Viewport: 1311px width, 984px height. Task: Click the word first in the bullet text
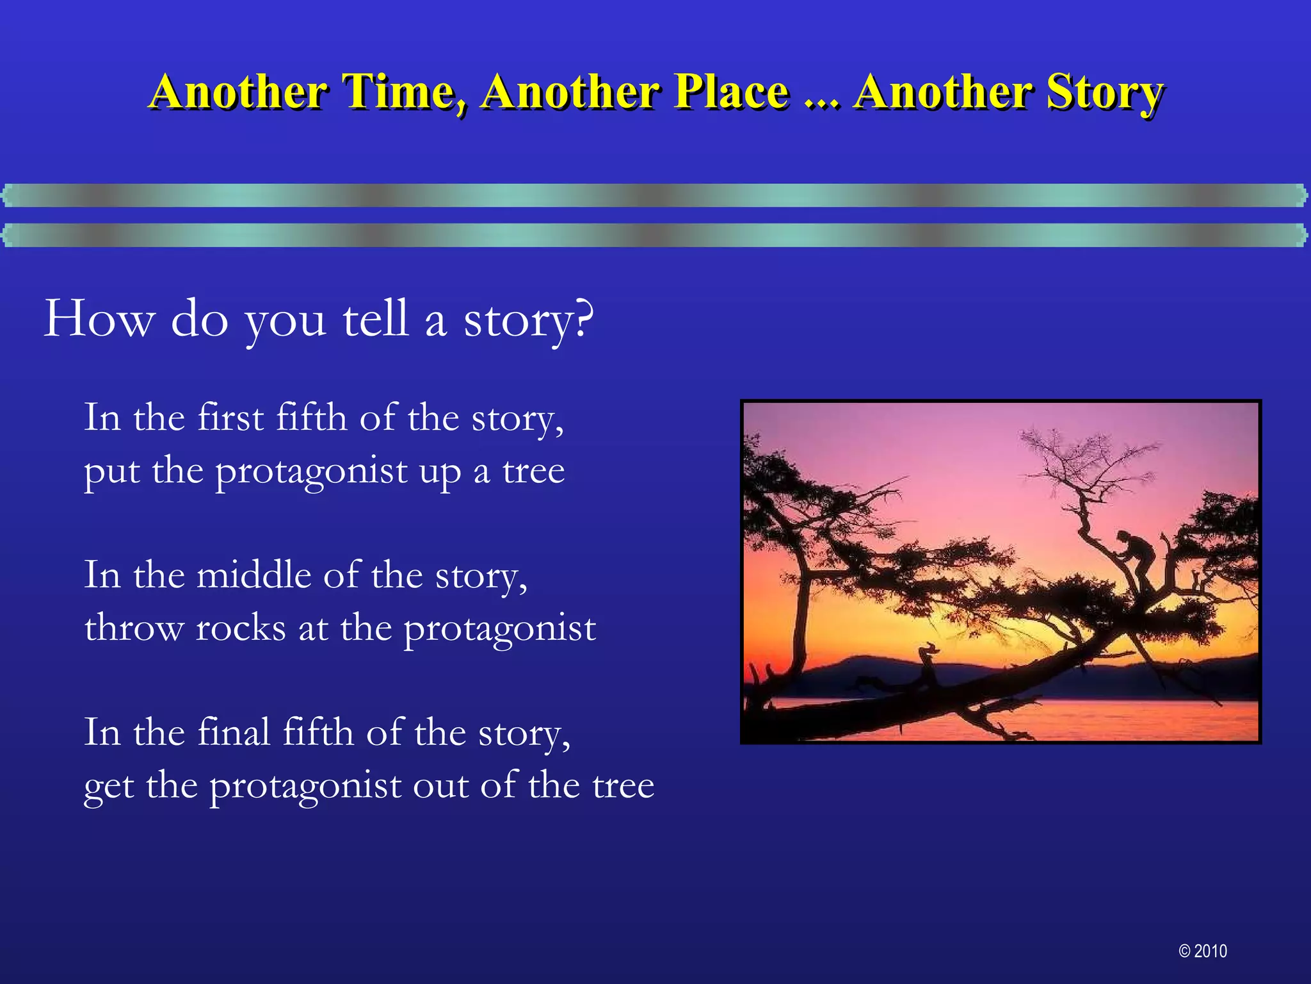[230, 418]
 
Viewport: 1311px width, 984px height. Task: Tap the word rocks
[241, 627]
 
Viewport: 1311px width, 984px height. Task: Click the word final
[234, 732]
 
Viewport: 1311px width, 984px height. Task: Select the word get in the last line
[108, 786]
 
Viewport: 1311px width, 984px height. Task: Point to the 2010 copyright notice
[1203, 951]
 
